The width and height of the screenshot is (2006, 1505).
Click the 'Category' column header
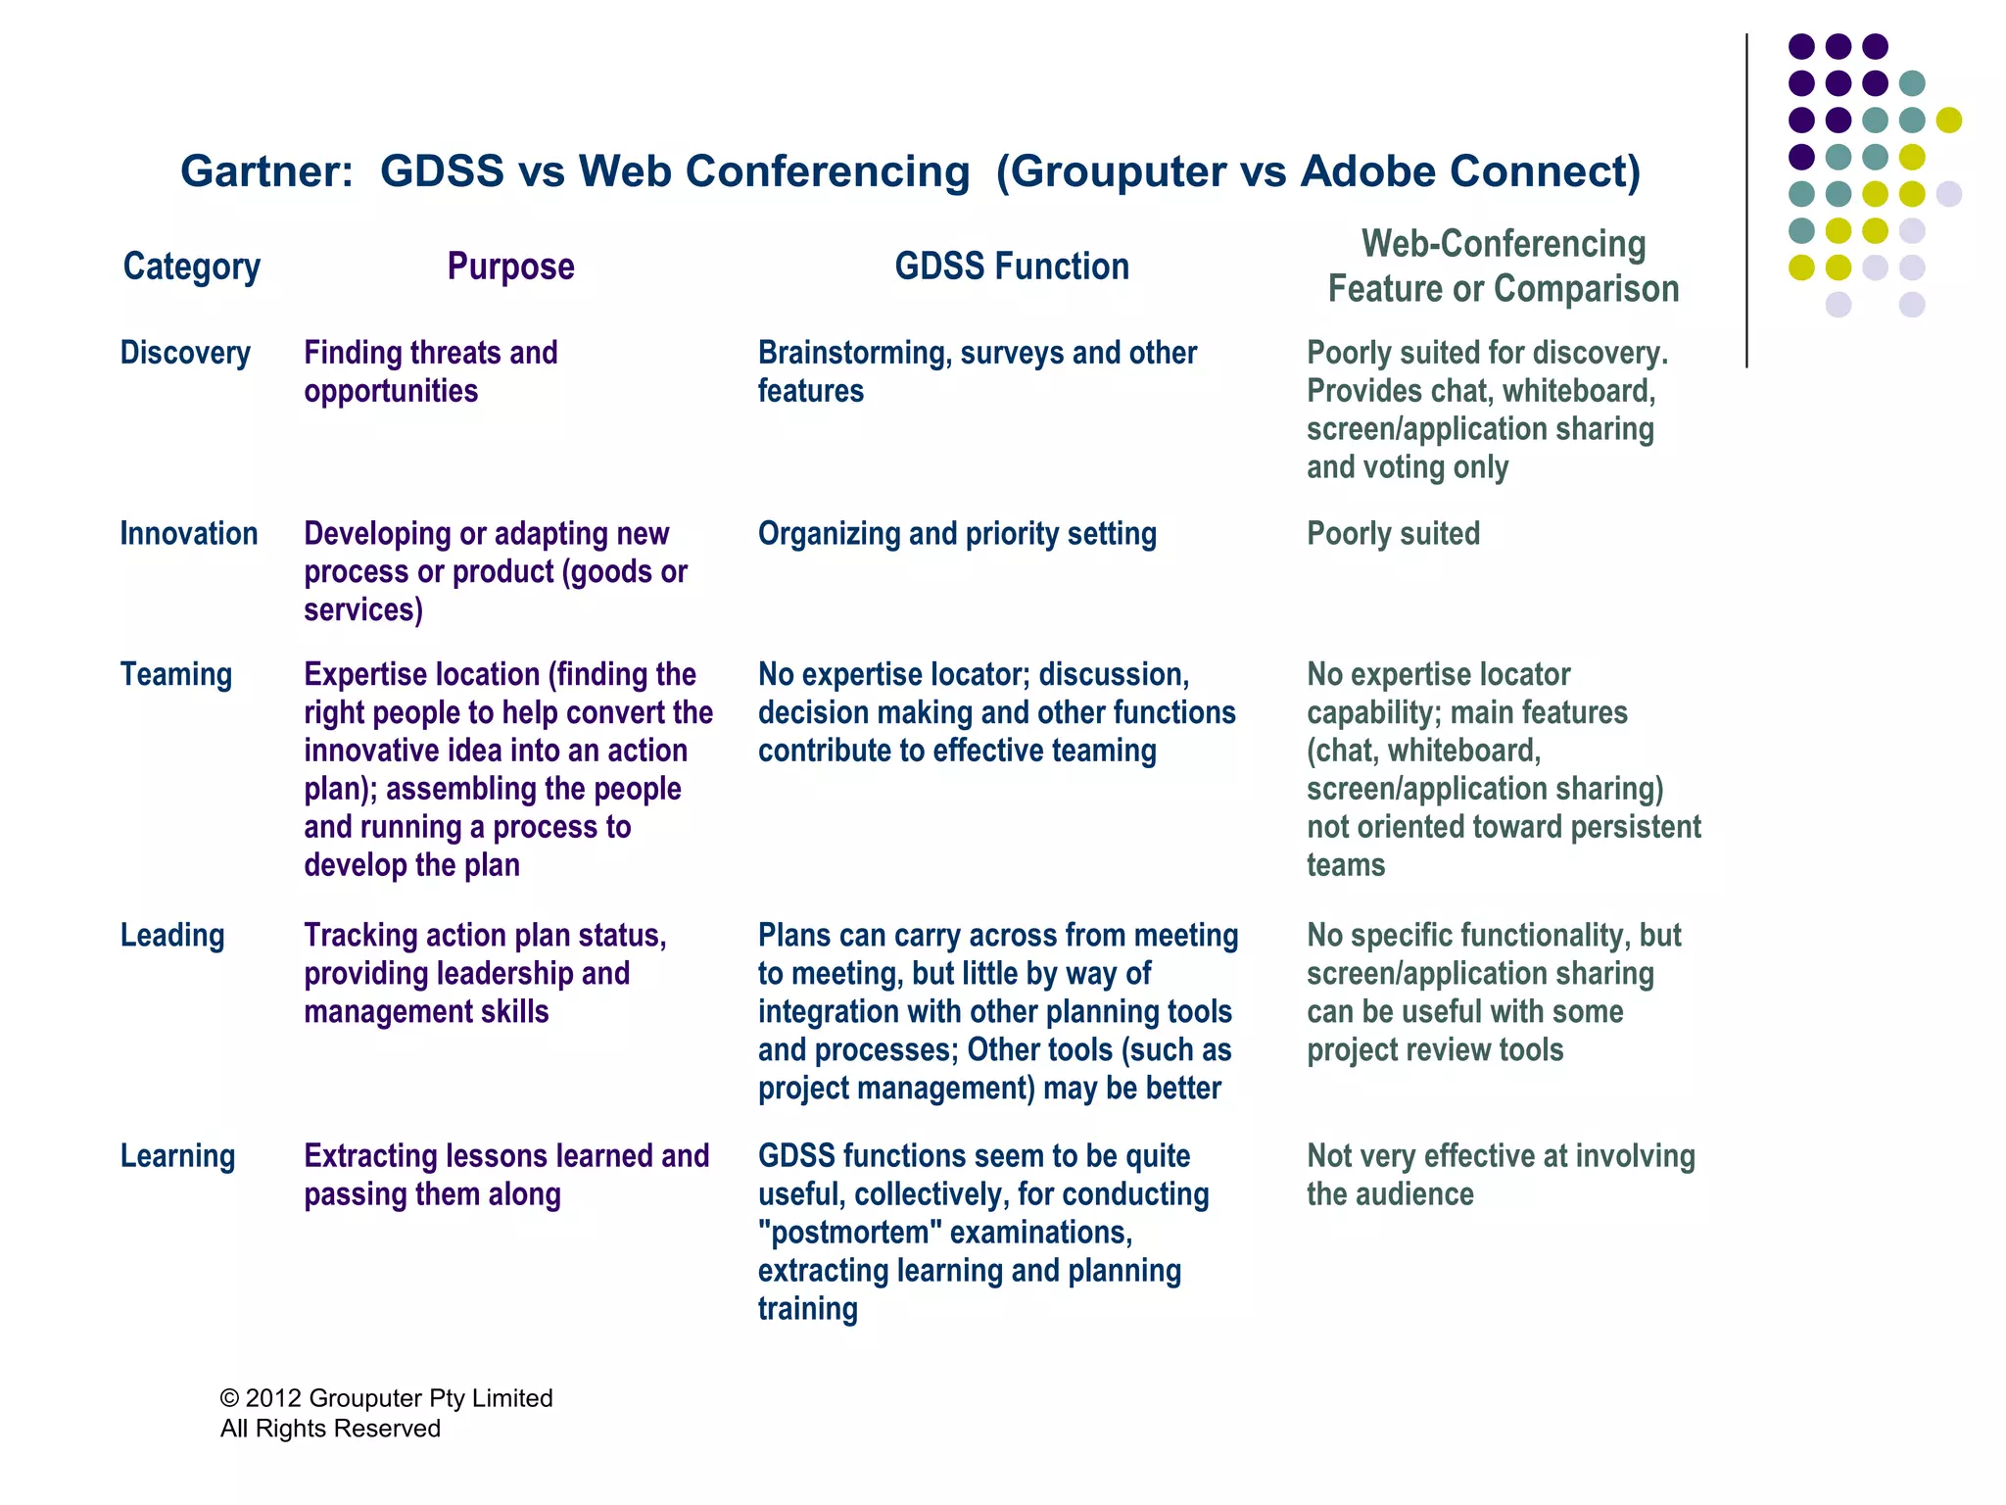click(x=191, y=267)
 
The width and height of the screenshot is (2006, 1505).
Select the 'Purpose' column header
click(x=510, y=267)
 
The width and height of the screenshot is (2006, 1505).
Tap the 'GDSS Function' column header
click(x=1012, y=267)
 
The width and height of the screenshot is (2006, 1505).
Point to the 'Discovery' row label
click(x=185, y=353)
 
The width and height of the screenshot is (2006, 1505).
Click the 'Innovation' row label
click(x=189, y=534)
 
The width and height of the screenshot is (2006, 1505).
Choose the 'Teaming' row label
click(x=176, y=675)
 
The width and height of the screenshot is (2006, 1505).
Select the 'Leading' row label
click(x=172, y=936)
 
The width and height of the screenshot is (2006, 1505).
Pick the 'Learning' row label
click(x=177, y=1156)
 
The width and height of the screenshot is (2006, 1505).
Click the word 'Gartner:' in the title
click(x=266, y=171)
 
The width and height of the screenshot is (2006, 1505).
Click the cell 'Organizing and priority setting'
click(x=957, y=534)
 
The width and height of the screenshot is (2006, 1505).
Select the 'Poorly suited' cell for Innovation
click(x=1393, y=534)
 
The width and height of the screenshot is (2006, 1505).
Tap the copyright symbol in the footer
click(x=229, y=1398)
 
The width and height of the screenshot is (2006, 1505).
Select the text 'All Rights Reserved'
click(x=330, y=1429)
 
